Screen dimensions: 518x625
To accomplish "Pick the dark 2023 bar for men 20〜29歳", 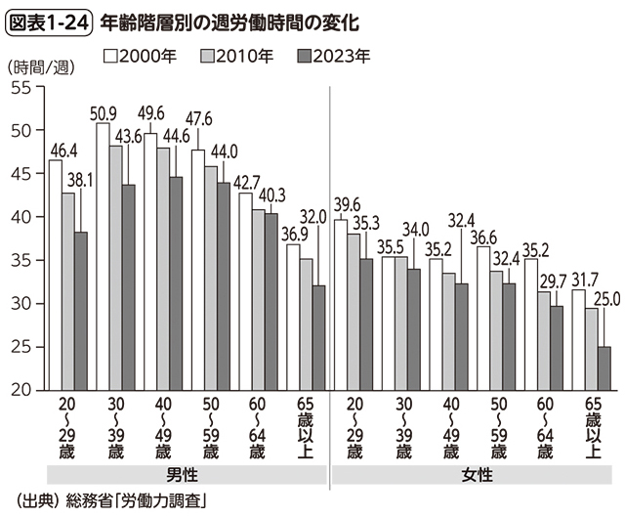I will pyautogui.click(x=80, y=311).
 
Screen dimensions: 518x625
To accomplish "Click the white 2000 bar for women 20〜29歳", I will pyautogui.click(x=341, y=304).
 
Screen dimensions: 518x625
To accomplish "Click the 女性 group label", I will pyautogui.click(x=475, y=473).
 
